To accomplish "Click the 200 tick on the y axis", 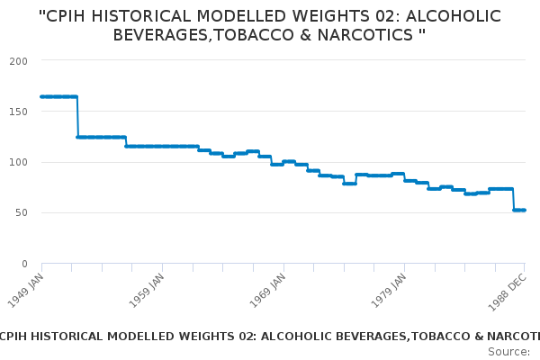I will [20, 60].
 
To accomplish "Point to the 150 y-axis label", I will [20, 112].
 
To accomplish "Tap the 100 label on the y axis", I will [20, 162].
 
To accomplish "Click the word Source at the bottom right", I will [508, 351].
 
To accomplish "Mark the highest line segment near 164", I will [58, 96].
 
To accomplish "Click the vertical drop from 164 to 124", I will [77, 117].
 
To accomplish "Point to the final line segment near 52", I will [519, 210].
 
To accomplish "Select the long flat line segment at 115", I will [162, 146].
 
